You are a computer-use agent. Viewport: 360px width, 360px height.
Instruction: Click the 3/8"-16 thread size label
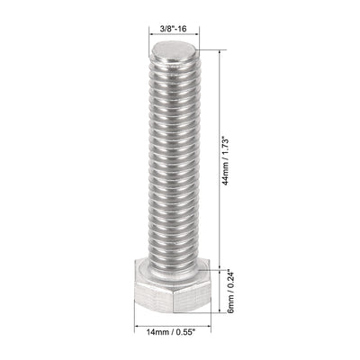(174, 30)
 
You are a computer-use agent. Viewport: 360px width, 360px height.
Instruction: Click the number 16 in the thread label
(185, 30)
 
